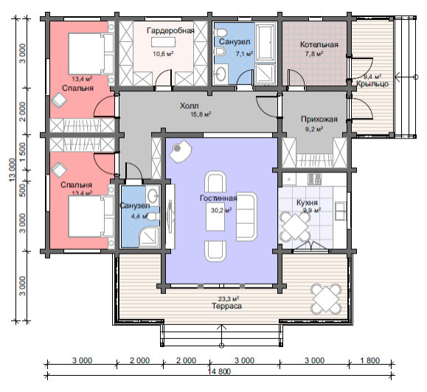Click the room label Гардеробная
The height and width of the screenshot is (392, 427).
(170, 30)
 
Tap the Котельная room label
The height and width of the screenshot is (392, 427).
(319, 44)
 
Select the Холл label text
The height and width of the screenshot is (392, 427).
(189, 105)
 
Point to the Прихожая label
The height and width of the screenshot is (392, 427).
(319, 119)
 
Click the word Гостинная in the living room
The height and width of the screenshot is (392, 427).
(218, 198)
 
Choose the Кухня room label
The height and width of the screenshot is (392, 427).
(307, 203)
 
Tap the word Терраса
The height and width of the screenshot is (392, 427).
(227, 306)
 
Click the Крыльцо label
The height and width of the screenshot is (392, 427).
(372, 84)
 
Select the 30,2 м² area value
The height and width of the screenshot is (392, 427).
(221, 210)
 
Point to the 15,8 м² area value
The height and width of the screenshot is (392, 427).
(201, 114)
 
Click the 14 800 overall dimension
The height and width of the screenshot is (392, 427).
(219, 371)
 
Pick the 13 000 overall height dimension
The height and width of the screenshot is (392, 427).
(13, 170)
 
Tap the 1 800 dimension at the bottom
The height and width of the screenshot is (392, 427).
(369, 360)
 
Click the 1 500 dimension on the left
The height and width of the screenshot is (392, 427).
(23, 152)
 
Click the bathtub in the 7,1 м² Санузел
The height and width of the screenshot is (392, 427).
(265, 43)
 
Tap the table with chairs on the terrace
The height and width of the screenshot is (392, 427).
(327, 299)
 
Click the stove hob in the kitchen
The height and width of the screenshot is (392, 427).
(314, 179)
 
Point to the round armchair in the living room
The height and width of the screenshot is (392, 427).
(181, 151)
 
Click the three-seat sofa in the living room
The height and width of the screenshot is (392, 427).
(246, 217)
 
